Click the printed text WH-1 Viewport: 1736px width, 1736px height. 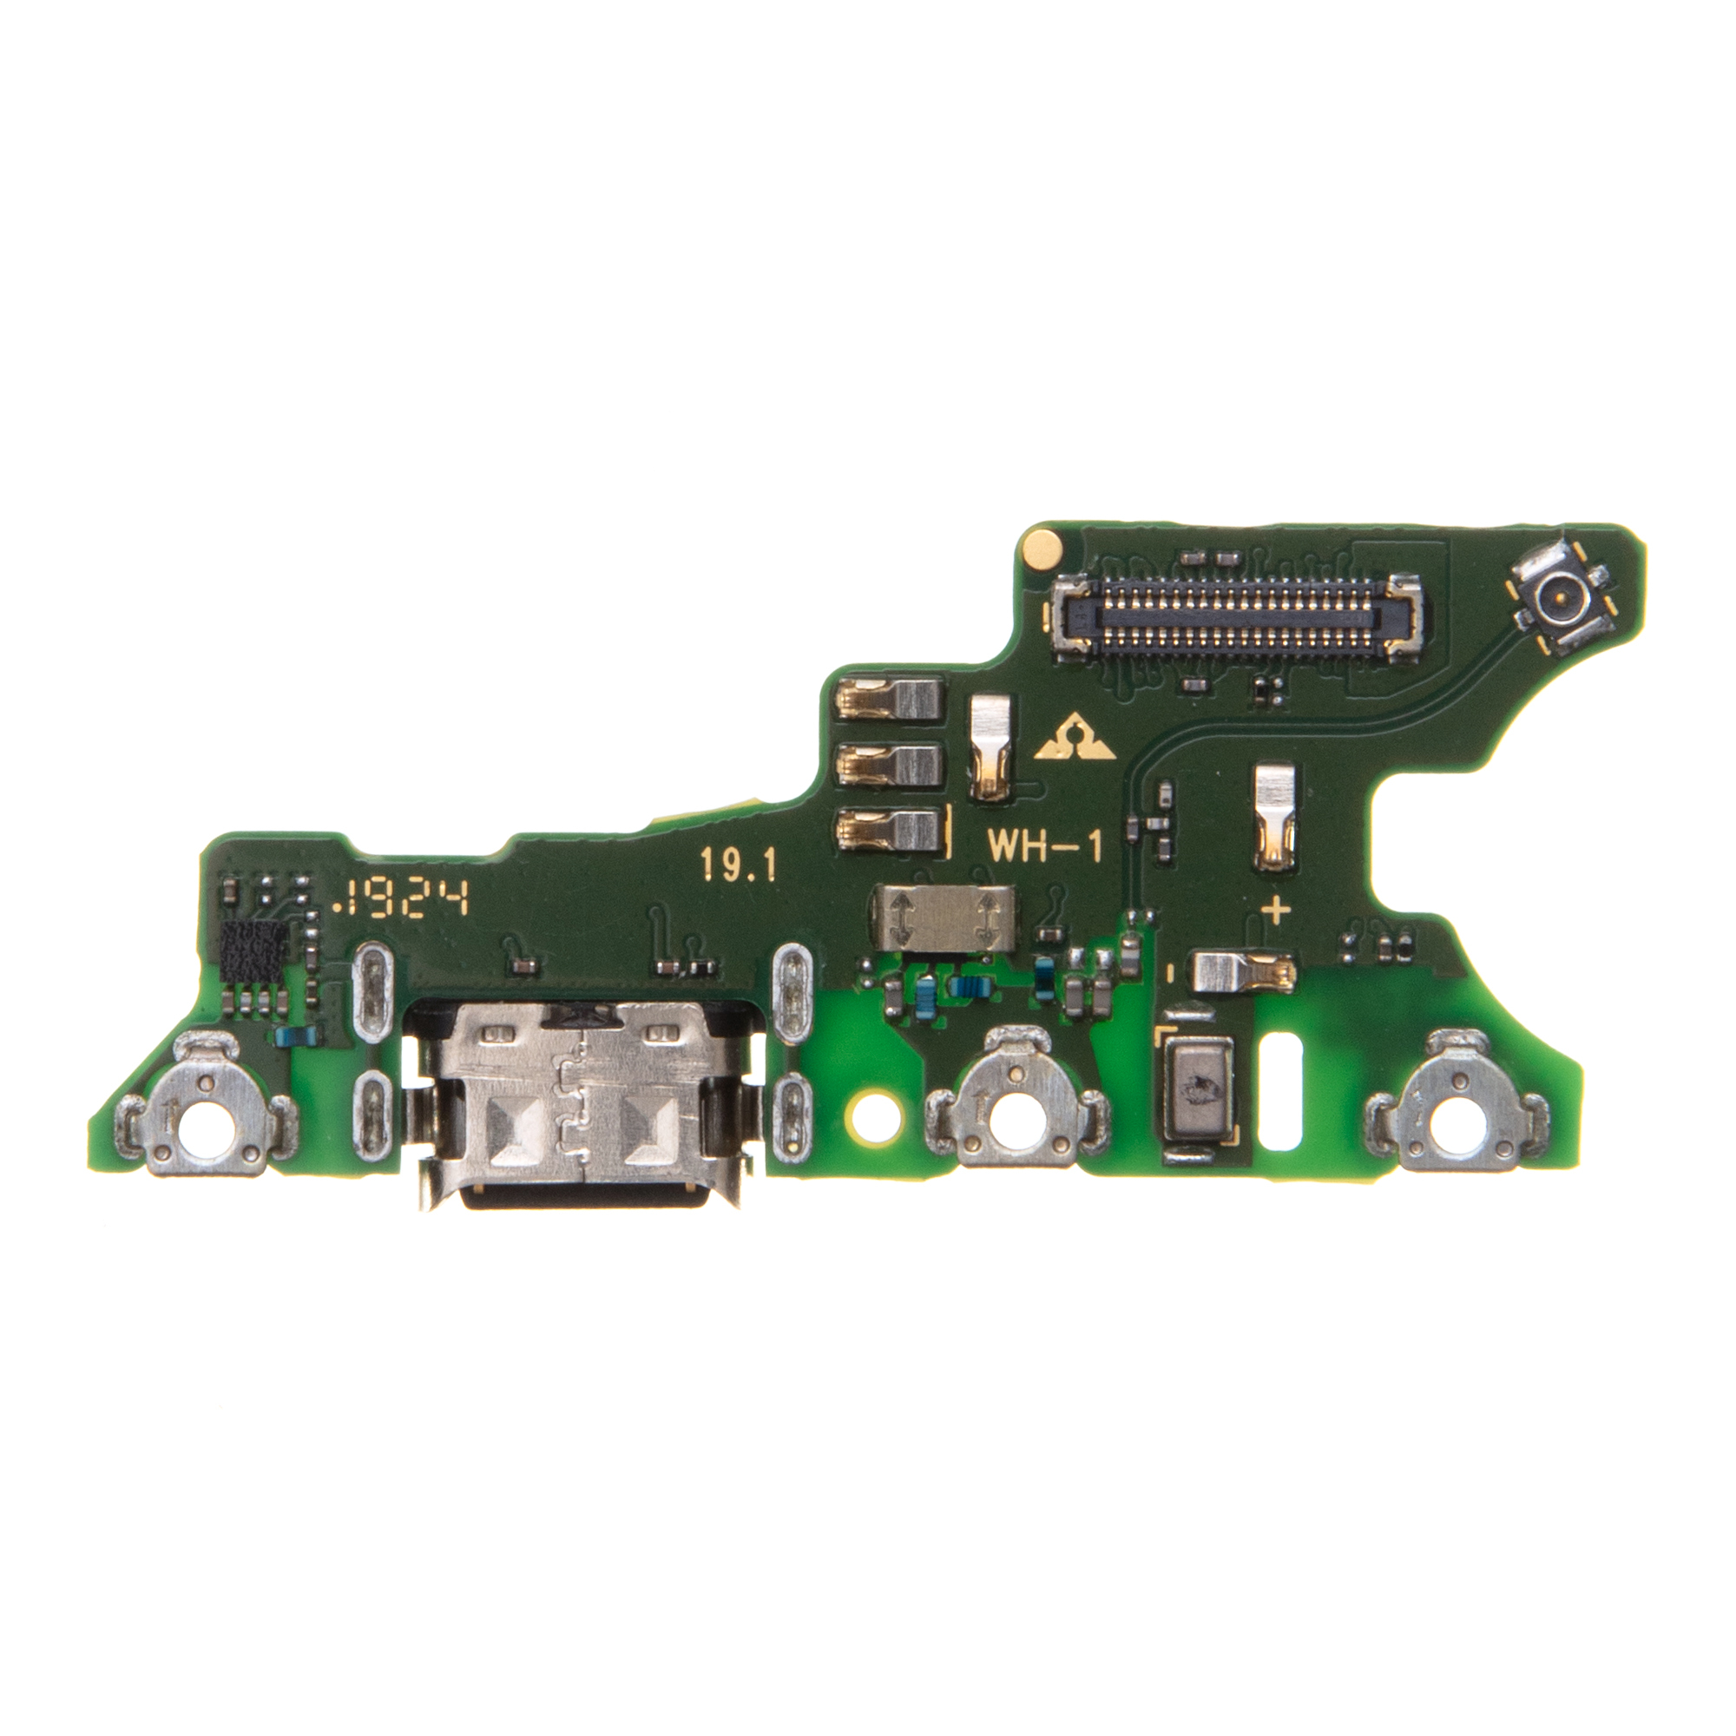(1045, 846)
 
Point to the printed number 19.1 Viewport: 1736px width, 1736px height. (737, 866)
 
